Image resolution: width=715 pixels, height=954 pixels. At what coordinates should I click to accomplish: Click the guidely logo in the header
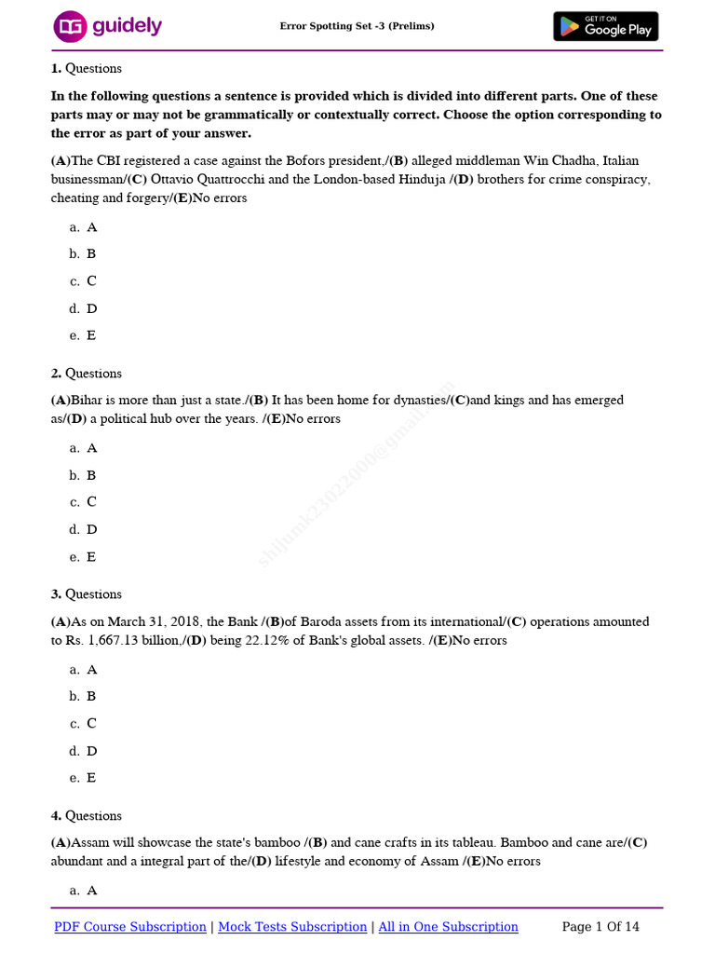pos(107,27)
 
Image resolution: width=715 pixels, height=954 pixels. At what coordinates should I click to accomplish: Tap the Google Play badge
pos(605,27)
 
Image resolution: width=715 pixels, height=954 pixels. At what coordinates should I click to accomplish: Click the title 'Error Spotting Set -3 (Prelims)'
pos(357,26)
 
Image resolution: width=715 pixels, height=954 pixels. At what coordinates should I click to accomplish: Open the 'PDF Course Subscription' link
pos(130,927)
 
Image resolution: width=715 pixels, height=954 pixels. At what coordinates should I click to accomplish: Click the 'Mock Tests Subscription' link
pos(292,927)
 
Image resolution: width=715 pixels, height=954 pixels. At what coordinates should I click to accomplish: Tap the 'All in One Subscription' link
pos(448,927)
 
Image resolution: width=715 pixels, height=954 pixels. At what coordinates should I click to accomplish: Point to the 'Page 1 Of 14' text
pos(600,927)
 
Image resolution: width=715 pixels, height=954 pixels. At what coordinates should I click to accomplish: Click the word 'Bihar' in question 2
pos(88,401)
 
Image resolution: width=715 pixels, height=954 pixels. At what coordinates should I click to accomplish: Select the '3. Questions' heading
pos(86,594)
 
